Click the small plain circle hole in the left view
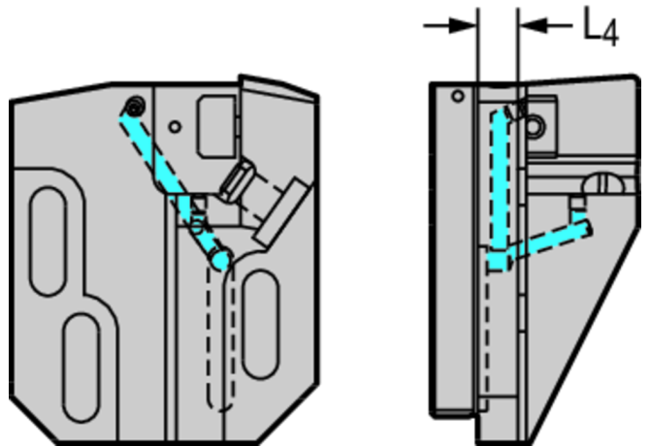tap(175, 126)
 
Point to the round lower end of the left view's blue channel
tap(221, 259)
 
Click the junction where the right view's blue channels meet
tap(501, 261)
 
